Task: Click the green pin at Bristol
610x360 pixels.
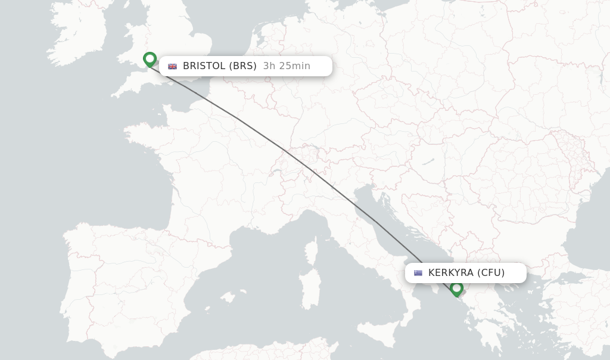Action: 150,59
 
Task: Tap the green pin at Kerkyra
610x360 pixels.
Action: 457,288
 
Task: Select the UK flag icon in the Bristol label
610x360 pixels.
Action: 173,66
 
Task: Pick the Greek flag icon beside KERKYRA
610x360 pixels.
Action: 418,273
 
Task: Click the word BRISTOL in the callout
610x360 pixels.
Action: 204,66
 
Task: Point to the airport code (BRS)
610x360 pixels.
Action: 242,66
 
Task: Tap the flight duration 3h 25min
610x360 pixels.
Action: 287,66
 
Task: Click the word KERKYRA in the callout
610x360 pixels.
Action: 451,273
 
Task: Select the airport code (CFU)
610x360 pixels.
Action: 491,273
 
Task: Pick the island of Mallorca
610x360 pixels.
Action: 228,296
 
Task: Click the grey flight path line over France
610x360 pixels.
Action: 238,119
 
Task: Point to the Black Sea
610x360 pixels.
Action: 590,238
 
